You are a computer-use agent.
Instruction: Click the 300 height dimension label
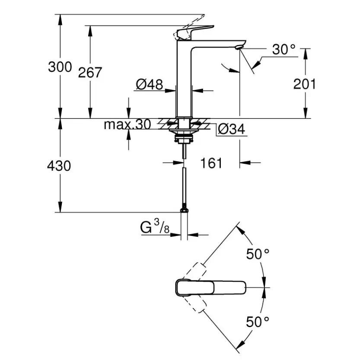[60, 67]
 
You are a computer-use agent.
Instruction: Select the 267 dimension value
[90, 72]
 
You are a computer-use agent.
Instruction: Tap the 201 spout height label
[305, 83]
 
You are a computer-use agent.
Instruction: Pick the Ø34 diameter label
[231, 129]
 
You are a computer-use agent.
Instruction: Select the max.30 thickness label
[127, 125]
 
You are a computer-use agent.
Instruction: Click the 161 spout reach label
[211, 163]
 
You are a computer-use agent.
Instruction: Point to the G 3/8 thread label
[154, 227]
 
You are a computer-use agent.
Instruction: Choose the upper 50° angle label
[258, 254]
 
